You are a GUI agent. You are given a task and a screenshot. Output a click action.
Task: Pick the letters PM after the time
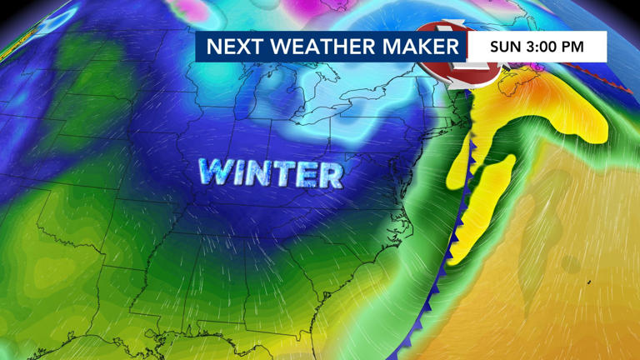[582, 47]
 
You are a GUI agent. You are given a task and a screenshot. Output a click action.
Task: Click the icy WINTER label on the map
[271, 173]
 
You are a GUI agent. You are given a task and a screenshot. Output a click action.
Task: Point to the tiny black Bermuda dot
[589, 282]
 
